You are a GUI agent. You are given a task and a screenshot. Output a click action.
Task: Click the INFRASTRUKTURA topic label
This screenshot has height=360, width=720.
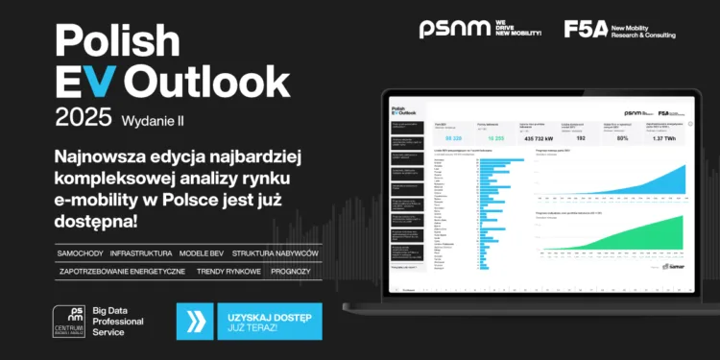coord(141,252)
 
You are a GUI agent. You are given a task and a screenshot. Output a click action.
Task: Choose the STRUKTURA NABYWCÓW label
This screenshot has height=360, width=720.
coord(276,252)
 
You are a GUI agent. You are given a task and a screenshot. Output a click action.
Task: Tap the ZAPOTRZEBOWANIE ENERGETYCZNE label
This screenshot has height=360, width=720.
coord(122,272)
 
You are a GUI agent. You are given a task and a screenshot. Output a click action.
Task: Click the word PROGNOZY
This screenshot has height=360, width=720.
coord(290,272)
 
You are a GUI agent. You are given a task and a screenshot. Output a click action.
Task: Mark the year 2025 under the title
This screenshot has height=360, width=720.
coord(84,119)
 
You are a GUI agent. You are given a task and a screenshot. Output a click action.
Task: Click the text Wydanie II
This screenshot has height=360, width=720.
coord(154,121)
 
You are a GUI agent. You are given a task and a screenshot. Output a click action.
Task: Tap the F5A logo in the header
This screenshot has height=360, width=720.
coord(585,30)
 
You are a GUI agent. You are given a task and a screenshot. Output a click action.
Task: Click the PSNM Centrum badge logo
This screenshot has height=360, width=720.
coord(70,321)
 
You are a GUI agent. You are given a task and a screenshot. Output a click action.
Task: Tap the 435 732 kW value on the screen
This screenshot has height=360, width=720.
coord(535,139)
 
